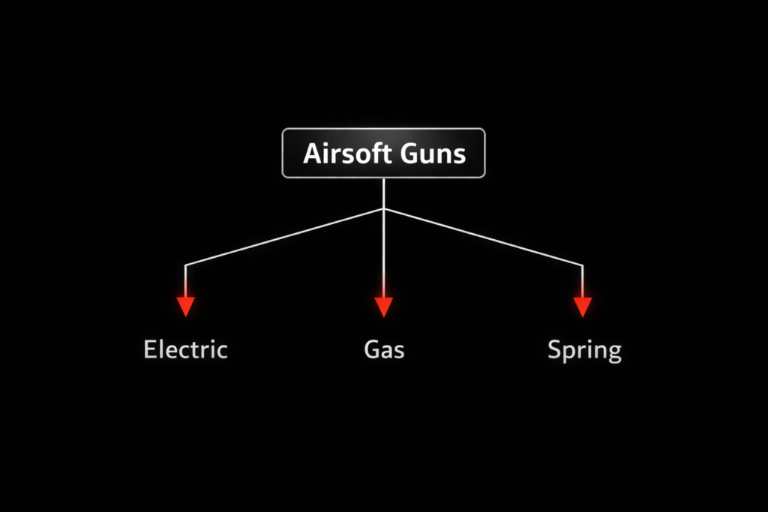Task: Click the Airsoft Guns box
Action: [x=383, y=153]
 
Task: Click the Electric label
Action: [x=185, y=349]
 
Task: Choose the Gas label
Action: [x=384, y=349]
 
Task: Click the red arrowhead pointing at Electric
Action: [x=185, y=306]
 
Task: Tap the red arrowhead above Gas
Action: [x=384, y=306]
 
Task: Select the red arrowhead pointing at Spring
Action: [x=583, y=306]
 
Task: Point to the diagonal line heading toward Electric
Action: [x=285, y=237]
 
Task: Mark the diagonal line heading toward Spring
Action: [x=484, y=237]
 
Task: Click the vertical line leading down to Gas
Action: [x=384, y=255]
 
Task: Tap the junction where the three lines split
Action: [x=384, y=209]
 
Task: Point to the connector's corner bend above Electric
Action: [x=185, y=265]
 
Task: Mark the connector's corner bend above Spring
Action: [x=583, y=265]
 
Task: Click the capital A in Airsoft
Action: [x=312, y=154]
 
